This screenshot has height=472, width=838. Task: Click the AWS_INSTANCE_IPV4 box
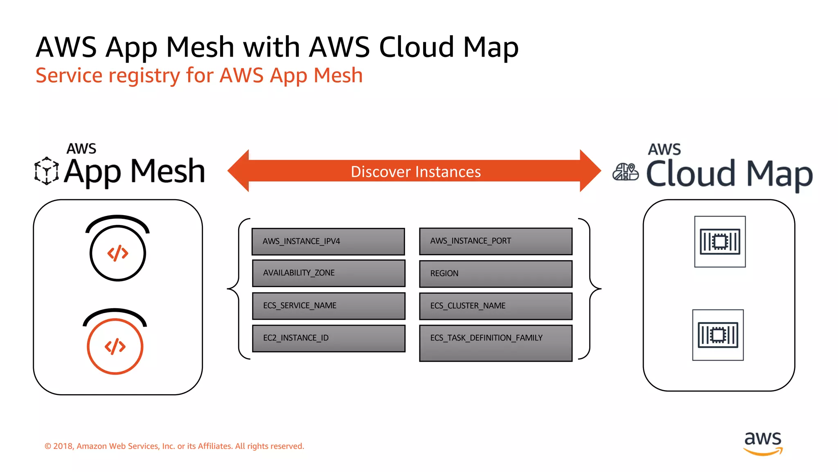coord(328,241)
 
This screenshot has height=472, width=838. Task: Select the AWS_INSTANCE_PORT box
coord(496,241)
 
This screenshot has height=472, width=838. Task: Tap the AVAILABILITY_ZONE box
coord(328,273)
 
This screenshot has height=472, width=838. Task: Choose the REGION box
coord(496,273)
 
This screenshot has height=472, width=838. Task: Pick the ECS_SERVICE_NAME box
coord(328,306)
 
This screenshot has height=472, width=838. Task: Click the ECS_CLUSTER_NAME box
coord(496,306)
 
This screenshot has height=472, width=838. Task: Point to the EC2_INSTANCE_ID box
coord(328,338)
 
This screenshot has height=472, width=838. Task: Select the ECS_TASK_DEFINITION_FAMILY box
coord(496,343)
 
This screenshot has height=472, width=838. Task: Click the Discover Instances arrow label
coord(415,172)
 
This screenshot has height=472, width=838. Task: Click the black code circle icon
coord(118,253)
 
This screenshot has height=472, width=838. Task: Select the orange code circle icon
coord(115,346)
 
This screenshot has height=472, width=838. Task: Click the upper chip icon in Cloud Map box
coord(720,242)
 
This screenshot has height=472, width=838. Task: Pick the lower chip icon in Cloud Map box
coord(718,335)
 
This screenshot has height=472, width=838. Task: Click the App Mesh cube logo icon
coord(46,170)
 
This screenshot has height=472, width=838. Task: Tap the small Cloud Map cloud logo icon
coord(625,172)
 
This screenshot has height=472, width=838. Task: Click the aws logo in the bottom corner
coord(763,442)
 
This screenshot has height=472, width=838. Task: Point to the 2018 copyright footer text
coord(174,446)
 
